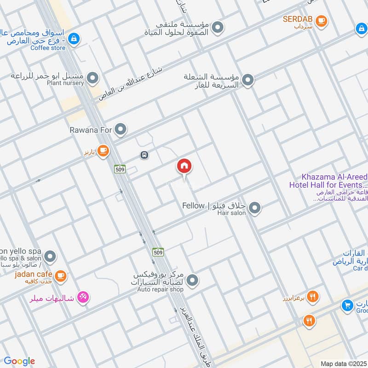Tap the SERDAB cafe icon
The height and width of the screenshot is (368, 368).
(321, 20)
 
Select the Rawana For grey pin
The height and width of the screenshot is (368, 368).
(121, 130)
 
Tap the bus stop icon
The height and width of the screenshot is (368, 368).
(144, 155)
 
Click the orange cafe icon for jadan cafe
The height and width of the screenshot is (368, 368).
(60, 276)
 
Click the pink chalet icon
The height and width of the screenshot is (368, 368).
(83, 298)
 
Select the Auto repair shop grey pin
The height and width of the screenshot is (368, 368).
(193, 280)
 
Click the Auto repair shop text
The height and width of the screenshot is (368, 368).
(160, 289)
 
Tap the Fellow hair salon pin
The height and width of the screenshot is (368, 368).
(255, 208)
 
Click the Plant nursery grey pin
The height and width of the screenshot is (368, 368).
(93, 78)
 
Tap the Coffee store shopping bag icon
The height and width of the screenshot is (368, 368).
(74, 40)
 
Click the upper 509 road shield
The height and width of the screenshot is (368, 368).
(120, 169)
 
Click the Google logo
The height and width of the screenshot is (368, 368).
(19, 361)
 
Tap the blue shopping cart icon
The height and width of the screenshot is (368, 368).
(348, 305)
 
